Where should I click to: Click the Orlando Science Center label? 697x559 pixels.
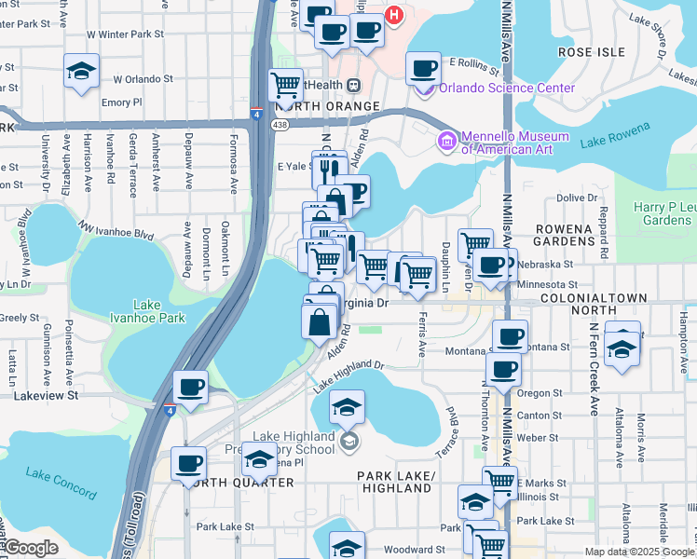tap(507, 89)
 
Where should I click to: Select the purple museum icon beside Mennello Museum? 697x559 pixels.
tap(447, 142)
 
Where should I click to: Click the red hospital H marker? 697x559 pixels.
tap(394, 15)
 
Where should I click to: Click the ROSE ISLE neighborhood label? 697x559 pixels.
tap(591, 52)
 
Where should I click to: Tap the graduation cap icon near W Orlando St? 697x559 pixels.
tap(81, 70)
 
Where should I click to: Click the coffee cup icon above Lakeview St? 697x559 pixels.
tap(190, 387)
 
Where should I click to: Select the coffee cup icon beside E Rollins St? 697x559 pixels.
tap(423, 67)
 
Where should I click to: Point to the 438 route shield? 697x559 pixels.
tap(280, 124)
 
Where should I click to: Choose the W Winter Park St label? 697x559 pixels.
tap(125, 34)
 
